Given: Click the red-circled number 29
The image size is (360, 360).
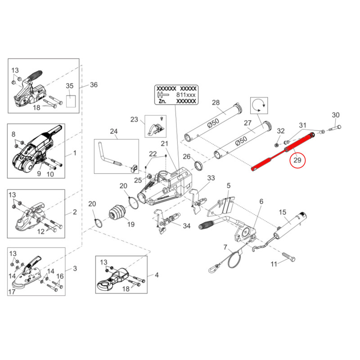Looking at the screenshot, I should (x=297, y=159).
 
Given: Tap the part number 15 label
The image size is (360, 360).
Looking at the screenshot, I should (x=282, y=212).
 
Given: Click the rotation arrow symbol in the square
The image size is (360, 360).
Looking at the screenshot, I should (x=260, y=105).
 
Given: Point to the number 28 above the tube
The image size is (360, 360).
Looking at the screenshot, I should (x=216, y=103).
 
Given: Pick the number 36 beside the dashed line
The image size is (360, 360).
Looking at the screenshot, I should (x=94, y=85).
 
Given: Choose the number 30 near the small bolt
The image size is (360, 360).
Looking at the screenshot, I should (x=335, y=115).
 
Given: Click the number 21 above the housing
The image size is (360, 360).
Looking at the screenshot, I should (x=164, y=144).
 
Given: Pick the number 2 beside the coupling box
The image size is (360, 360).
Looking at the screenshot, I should (x=75, y=211).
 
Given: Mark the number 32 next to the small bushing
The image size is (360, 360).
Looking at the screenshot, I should (x=281, y=131).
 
